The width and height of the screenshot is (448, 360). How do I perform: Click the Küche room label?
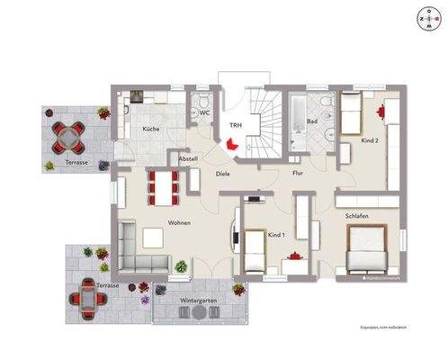point(150,130)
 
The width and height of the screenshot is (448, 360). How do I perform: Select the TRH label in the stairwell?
point(235,125)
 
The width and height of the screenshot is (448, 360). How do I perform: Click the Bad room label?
point(312,120)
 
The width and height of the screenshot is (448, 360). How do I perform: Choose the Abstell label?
point(188,158)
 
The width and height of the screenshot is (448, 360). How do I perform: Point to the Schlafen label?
point(357,216)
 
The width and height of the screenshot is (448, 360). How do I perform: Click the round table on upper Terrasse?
point(68,137)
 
